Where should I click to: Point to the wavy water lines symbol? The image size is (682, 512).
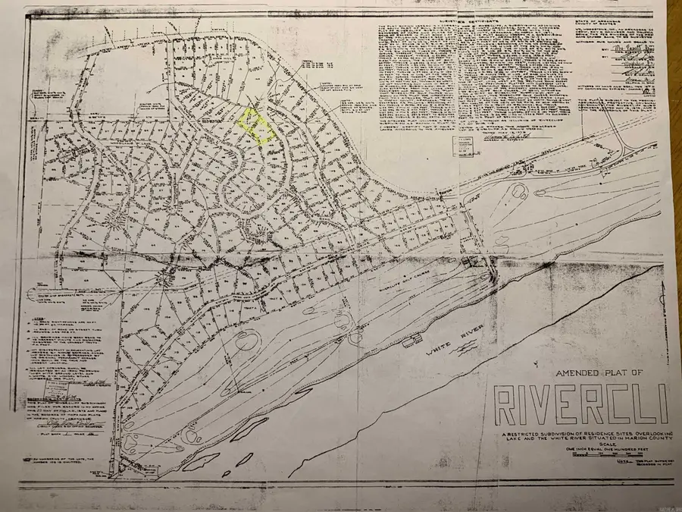pyautogui.click(x=468, y=347)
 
